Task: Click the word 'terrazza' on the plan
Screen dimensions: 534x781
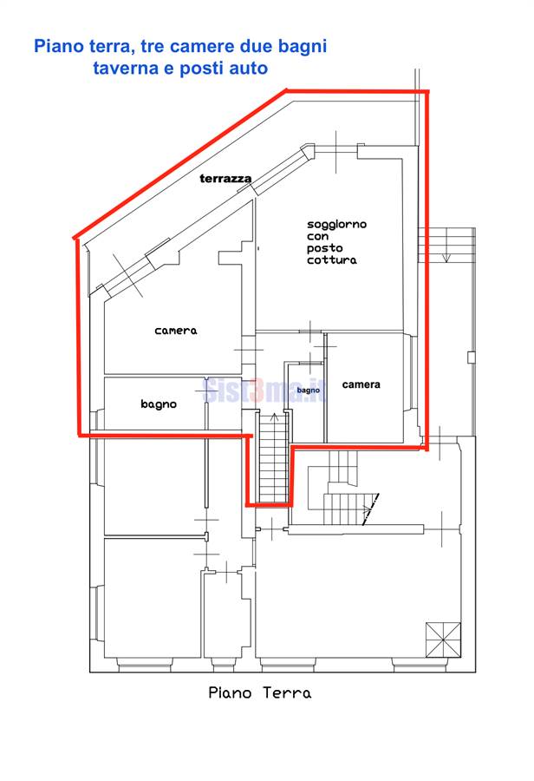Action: point(225,178)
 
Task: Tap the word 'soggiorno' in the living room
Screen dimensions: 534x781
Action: point(337,225)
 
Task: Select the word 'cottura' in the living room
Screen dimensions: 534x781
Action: point(332,260)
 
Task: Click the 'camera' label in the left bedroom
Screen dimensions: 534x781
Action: point(176,331)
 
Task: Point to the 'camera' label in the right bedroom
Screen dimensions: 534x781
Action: point(361,384)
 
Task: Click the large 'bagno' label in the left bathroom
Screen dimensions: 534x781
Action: point(159,404)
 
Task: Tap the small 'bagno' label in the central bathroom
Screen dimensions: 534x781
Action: point(308,390)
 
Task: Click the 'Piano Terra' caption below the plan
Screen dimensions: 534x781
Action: point(260,692)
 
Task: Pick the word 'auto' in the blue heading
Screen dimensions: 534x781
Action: point(248,69)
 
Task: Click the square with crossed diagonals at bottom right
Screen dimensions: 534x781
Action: point(443,640)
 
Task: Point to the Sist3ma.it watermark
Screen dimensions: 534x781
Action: point(265,390)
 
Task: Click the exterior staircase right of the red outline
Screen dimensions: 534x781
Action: point(446,245)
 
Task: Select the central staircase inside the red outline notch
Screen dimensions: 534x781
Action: point(273,458)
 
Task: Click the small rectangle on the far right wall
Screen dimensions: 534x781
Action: point(471,358)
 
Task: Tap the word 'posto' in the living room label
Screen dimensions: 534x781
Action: point(324,248)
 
